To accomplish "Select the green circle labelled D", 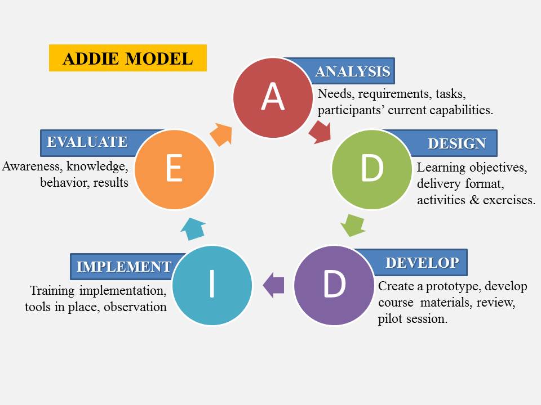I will coord(371,168).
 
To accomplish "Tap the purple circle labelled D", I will coord(334,285).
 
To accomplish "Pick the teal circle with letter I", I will coord(212,285).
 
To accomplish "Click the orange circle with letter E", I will coord(174,169).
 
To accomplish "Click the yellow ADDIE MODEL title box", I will coord(128,58).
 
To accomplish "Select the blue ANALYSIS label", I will coord(352,71).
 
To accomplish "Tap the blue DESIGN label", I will coord(456,143).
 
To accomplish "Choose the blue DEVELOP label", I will coord(422,263).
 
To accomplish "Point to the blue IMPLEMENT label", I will coord(123,266).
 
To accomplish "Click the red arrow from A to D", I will coord(320,131).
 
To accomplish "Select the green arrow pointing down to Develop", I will coord(353,224).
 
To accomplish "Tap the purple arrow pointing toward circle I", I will coord(274,285).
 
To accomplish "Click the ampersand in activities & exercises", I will coord(475,200).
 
